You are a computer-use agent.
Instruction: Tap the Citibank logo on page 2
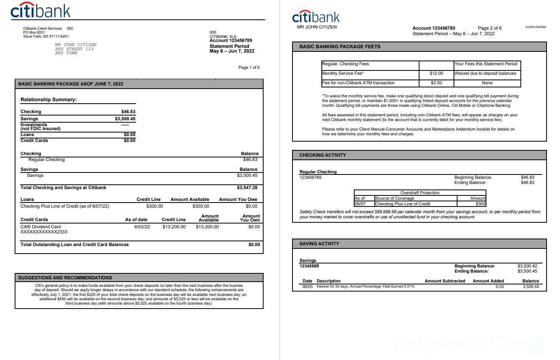[x=316, y=17]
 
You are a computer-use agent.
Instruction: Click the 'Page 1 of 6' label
[x=249, y=67]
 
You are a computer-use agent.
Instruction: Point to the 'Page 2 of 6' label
[x=490, y=28]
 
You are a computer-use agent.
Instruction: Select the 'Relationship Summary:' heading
[x=49, y=100]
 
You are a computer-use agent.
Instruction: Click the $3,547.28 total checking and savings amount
[x=247, y=188]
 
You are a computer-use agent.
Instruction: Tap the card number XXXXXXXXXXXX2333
[x=44, y=232]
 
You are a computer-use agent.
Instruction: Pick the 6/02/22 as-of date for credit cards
[x=142, y=227]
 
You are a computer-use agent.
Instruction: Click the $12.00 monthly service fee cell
[x=436, y=73]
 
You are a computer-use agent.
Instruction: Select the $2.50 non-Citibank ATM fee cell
[x=436, y=83]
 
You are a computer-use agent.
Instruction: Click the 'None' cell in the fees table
[x=487, y=83]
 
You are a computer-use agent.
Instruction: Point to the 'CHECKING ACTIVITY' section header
[x=323, y=155]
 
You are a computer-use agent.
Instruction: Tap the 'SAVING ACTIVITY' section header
[x=319, y=244]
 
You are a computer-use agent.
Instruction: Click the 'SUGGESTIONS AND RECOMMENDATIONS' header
[x=65, y=278]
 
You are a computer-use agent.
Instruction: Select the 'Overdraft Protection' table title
[x=420, y=193]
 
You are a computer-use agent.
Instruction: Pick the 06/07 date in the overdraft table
[x=360, y=204]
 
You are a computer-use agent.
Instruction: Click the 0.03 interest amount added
[x=499, y=286]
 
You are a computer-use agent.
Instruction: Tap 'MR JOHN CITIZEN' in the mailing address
[x=76, y=45]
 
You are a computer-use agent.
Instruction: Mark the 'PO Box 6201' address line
[x=34, y=32]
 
